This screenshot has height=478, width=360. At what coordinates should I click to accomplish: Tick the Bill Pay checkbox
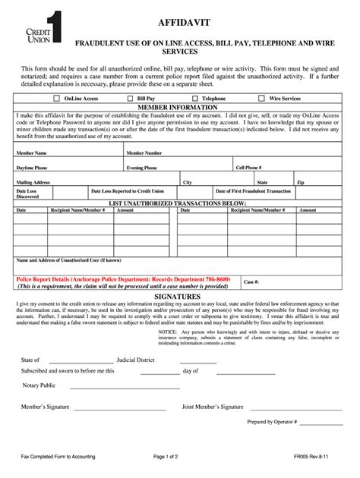tap(131, 99)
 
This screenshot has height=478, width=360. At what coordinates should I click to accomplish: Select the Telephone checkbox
tap(196, 99)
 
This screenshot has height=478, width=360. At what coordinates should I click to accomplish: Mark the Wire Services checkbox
tap(262, 99)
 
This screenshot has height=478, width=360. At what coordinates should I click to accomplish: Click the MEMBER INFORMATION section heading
tap(180, 108)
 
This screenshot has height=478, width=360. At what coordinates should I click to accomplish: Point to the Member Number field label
tap(144, 153)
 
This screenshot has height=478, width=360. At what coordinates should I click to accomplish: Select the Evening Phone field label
tap(142, 168)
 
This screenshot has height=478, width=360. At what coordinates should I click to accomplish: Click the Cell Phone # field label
tap(248, 168)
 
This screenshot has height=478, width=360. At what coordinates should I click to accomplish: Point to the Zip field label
tap(301, 183)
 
